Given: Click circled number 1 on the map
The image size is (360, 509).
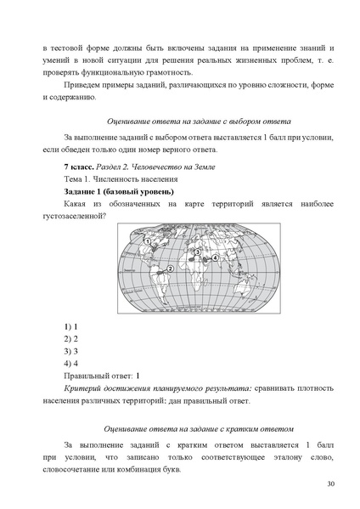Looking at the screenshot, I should [x=149, y=241].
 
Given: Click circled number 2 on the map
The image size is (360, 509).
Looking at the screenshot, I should [x=170, y=269].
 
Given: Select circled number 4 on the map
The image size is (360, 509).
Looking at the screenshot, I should [x=215, y=257].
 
